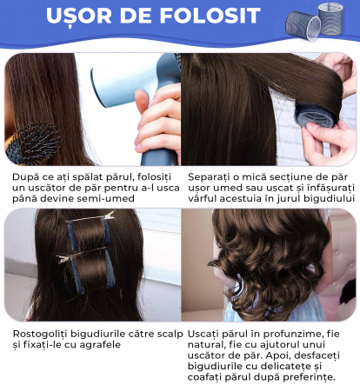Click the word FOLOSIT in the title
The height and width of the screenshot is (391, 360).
click(210, 15)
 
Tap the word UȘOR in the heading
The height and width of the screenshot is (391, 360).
click(79, 16)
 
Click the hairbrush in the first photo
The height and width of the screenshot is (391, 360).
click(32, 144)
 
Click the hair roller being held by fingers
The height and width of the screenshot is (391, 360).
click(316, 116)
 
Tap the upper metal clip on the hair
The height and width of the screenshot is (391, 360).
click(90, 217)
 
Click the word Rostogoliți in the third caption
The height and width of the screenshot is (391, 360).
click(40, 334)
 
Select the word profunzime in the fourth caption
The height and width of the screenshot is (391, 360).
click(294, 334)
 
